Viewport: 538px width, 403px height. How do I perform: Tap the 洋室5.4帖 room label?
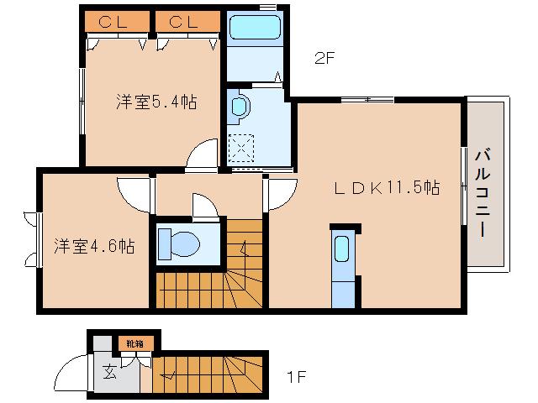pyautogui.click(x=156, y=102)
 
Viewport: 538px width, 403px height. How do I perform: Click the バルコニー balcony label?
pyautogui.click(x=484, y=192)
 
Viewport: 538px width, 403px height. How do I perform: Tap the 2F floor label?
pyautogui.click(x=324, y=59)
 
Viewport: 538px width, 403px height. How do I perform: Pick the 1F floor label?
pyautogui.click(x=294, y=376)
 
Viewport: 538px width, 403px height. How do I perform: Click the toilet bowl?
pyautogui.click(x=182, y=244)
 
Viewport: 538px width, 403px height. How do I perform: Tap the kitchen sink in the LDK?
pyautogui.click(x=342, y=250)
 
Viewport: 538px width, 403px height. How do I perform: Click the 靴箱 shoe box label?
pyautogui.click(x=134, y=343)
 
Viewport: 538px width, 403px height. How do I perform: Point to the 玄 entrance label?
pyautogui.click(x=110, y=371)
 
